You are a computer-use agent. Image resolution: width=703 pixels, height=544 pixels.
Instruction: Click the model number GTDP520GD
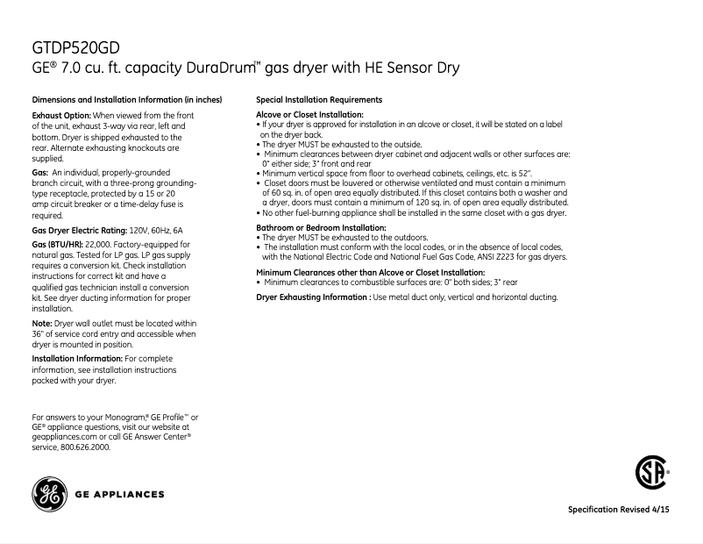tap(75, 47)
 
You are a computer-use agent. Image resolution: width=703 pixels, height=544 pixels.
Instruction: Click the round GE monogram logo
tap(49, 494)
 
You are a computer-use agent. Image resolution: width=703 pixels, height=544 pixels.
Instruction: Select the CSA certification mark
tap(650, 475)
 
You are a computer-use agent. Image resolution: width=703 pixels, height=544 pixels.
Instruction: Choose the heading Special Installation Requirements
tap(318, 100)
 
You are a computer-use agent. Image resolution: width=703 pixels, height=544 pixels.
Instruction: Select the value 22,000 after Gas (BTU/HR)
tap(97, 243)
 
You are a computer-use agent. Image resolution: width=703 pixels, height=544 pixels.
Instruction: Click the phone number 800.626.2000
tap(87, 447)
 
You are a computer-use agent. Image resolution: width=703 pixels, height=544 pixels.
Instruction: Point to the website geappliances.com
tap(64, 436)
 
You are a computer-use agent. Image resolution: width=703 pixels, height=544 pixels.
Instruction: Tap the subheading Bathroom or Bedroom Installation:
tap(320, 228)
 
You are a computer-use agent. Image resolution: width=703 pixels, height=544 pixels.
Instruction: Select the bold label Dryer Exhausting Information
tap(312, 297)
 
